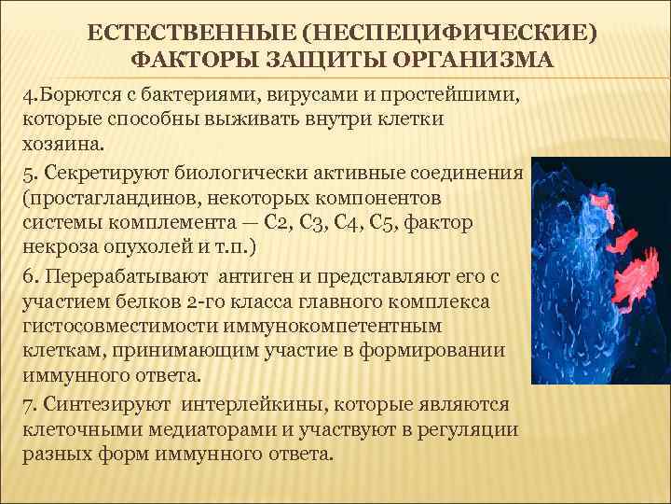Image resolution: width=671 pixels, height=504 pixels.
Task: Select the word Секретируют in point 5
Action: point(102,175)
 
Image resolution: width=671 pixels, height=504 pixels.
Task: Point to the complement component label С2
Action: point(278,224)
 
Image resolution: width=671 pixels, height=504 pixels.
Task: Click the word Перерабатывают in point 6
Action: point(126,277)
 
